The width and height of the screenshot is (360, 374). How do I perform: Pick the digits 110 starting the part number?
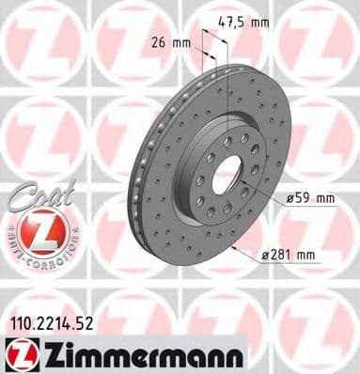[x=18, y=324]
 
